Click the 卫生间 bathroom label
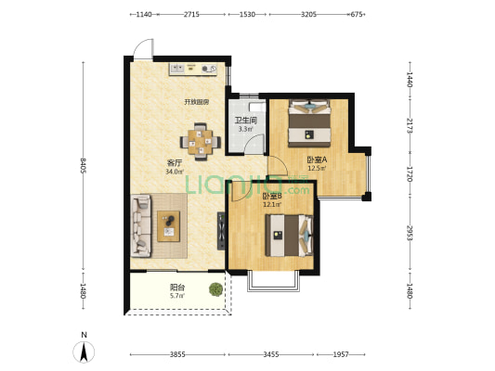point(245,120)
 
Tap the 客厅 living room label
point(175,163)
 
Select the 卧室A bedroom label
point(317,160)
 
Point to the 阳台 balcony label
point(177,288)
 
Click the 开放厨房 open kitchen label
point(197,102)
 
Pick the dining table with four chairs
point(201,142)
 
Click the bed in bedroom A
point(309,123)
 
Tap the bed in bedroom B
point(289,236)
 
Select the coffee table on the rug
point(169,226)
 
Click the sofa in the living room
point(141,225)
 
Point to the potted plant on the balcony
point(215,289)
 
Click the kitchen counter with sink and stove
point(193,69)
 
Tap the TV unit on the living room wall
point(221,231)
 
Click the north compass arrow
point(84,352)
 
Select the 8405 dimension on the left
point(83,165)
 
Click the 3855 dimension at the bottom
point(177,354)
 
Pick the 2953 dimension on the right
point(410,233)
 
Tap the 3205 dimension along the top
point(308,14)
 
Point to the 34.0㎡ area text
point(175,172)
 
